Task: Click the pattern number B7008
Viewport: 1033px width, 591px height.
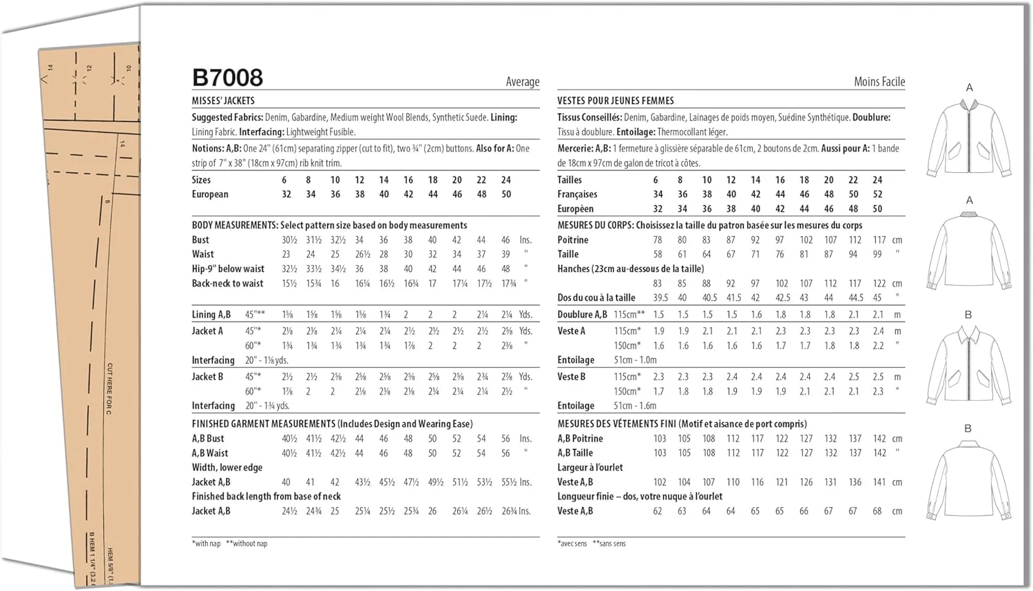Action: pos(227,78)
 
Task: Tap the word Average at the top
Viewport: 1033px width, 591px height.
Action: pos(522,82)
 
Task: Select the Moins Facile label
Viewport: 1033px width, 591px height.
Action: pos(879,82)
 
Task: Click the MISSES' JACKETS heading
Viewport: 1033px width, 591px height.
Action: pos(223,101)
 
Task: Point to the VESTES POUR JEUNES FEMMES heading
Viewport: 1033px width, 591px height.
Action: pos(615,101)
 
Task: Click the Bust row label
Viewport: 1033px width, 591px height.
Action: pos(200,240)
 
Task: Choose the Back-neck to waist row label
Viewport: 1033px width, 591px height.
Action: pos(227,283)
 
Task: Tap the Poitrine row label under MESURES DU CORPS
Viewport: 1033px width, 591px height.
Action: pos(572,240)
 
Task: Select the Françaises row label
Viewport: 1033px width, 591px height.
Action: pos(577,194)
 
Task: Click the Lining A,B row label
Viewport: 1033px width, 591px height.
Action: pos(211,315)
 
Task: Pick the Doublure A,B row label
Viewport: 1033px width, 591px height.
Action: pos(582,315)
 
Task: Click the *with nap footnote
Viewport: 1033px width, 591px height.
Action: pos(206,543)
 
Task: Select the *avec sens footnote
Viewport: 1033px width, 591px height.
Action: pos(572,543)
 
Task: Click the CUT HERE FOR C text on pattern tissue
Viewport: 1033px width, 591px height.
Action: pos(109,388)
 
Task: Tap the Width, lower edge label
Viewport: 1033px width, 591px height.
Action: pos(227,467)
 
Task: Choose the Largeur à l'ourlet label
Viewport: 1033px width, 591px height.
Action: pos(589,467)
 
